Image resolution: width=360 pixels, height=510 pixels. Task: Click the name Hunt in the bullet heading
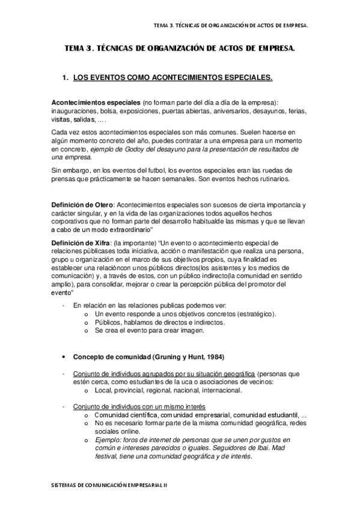(x=191, y=357)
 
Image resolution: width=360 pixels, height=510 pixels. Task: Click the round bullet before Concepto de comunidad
(x=64, y=357)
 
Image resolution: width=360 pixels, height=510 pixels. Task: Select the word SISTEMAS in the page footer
(x=61, y=484)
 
